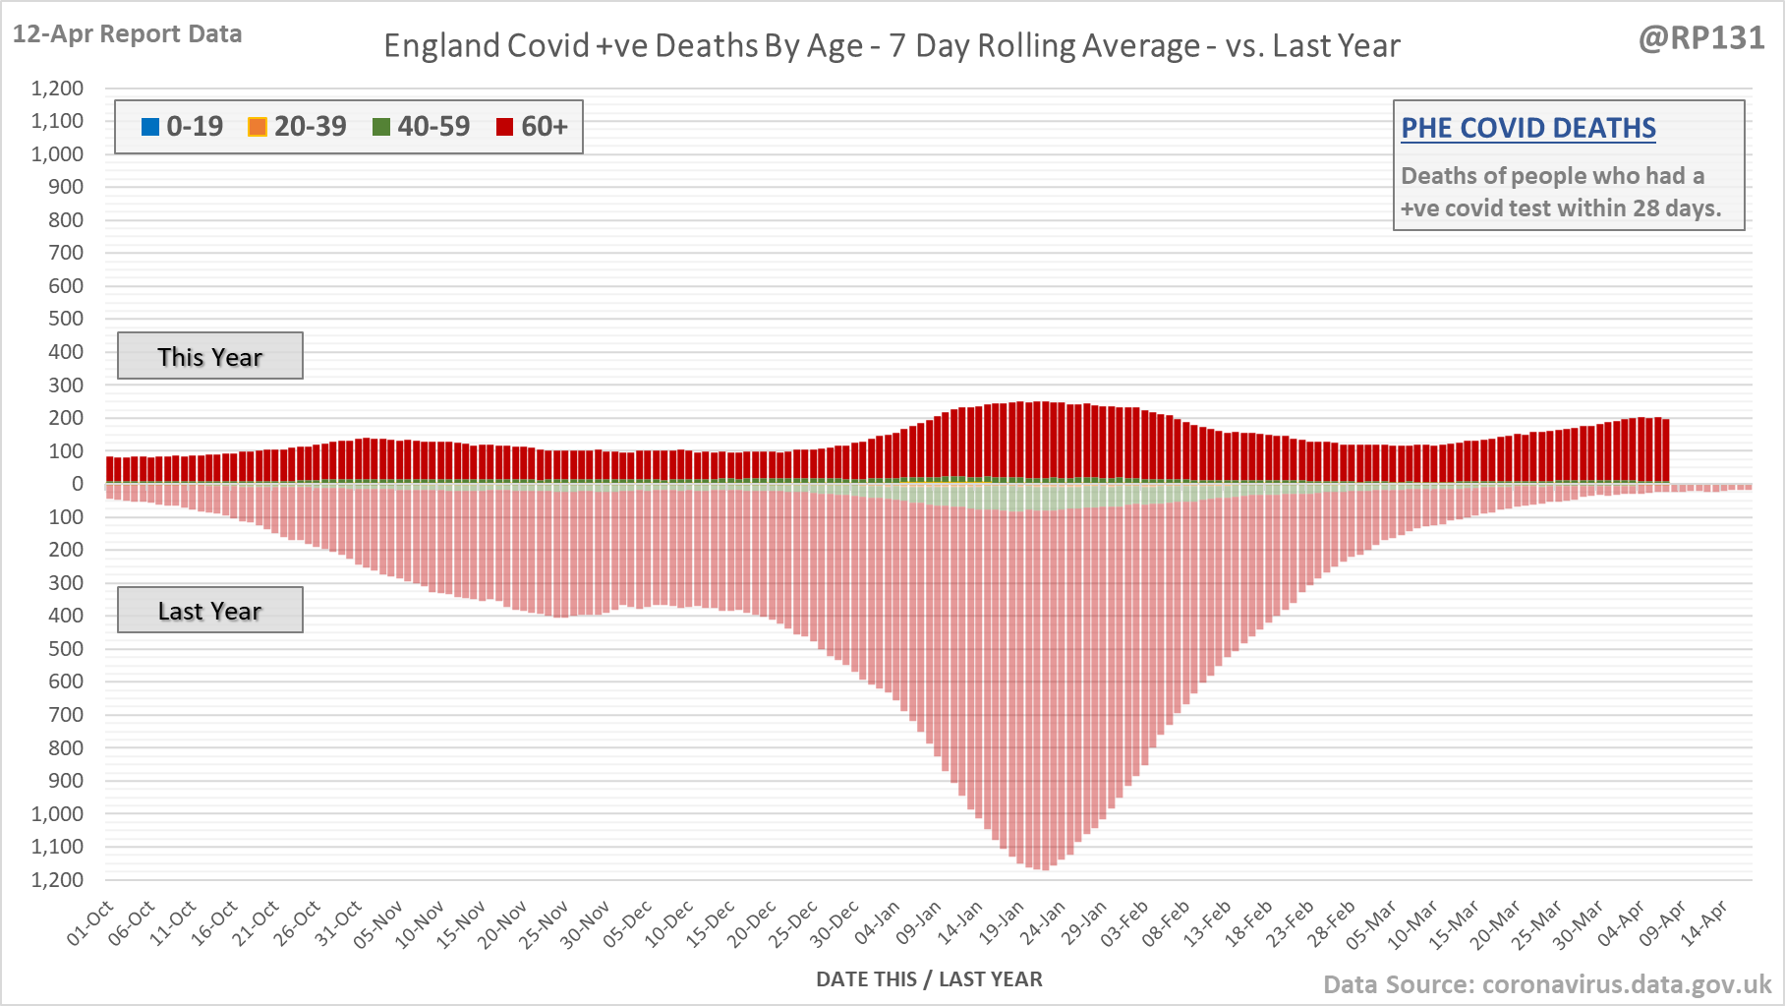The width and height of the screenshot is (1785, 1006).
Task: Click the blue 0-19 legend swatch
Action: coord(150,127)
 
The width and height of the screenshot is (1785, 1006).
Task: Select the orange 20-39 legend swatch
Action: coord(258,127)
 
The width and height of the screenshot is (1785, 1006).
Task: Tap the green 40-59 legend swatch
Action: coord(381,127)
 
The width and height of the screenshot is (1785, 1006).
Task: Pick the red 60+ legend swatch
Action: coord(505,127)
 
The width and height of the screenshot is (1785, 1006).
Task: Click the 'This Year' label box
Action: coord(209,356)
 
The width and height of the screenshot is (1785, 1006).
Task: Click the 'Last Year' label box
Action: coord(209,611)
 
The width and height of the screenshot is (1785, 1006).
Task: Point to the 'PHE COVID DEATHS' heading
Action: coord(1527,128)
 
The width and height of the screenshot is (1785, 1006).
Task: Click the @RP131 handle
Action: coord(1701,37)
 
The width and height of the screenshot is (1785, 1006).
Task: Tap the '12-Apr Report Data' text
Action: coord(127,33)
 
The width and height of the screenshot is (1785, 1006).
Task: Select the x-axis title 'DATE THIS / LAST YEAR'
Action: coord(929,979)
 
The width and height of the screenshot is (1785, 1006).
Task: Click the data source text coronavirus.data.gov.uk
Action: coord(1547,984)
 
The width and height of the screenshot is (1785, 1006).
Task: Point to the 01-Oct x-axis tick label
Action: coord(90,924)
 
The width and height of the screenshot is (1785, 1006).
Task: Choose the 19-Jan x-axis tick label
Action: coord(1003,924)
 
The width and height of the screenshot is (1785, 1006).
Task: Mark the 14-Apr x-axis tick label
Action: coord(1704,924)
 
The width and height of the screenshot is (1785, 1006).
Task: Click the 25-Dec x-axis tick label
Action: coord(794,924)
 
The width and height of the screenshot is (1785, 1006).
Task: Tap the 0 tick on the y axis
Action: coord(78,484)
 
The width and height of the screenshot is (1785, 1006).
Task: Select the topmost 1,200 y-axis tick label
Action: coord(57,89)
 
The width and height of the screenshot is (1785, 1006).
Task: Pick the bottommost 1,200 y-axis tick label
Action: coord(57,879)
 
